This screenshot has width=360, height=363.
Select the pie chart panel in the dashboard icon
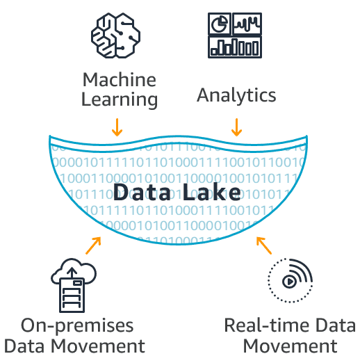[220, 24]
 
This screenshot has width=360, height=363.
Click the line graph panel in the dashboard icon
[248, 24]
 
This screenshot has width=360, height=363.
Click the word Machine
[119, 79]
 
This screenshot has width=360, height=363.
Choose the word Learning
[119, 99]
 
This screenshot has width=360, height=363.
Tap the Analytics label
[236, 95]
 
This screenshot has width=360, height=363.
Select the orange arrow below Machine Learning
[117, 126]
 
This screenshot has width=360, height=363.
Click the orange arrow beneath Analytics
[236, 126]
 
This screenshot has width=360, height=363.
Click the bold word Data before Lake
[142, 192]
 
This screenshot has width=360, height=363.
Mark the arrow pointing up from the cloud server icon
[93, 245]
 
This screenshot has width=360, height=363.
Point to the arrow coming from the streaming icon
[263, 245]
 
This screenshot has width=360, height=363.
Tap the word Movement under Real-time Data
[290, 346]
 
